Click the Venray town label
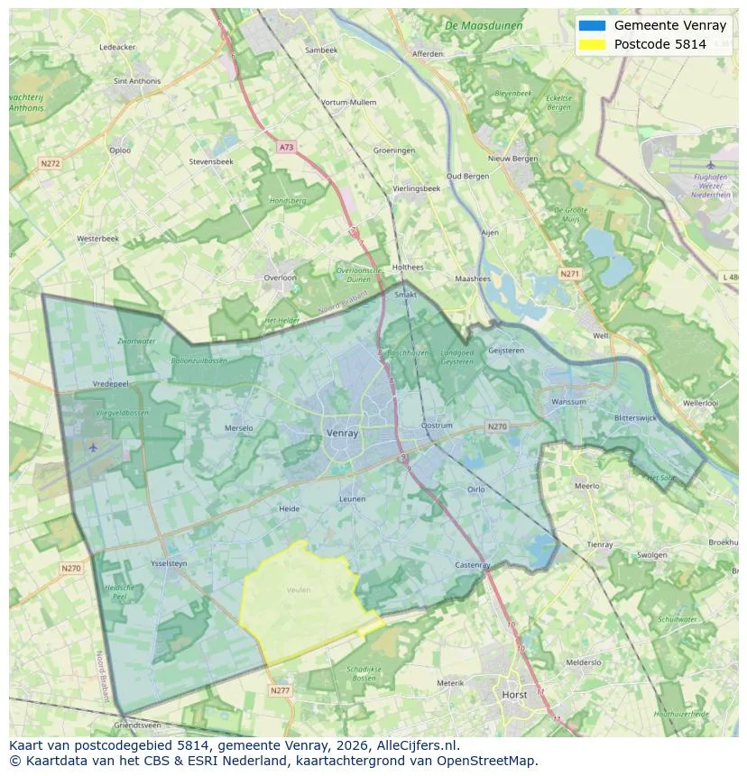click(342, 433)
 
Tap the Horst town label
click(514, 695)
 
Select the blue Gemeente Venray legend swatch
click(592, 25)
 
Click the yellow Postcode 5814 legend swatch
click(592, 43)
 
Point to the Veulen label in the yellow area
click(299, 590)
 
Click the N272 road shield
click(50, 163)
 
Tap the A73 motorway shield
click(286, 147)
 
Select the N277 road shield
click(280, 690)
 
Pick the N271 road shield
click(569, 273)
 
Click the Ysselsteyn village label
click(169, 563)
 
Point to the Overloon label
click(280, 278)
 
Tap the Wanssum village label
click(568, 402)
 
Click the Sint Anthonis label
click(137, 81)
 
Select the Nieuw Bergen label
click(512, 159)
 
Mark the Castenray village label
click(473, 565)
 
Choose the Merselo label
click(239, 428)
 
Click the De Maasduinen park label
click(484, 26)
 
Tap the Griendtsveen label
click(138, 725)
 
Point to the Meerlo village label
click(586, 486)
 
